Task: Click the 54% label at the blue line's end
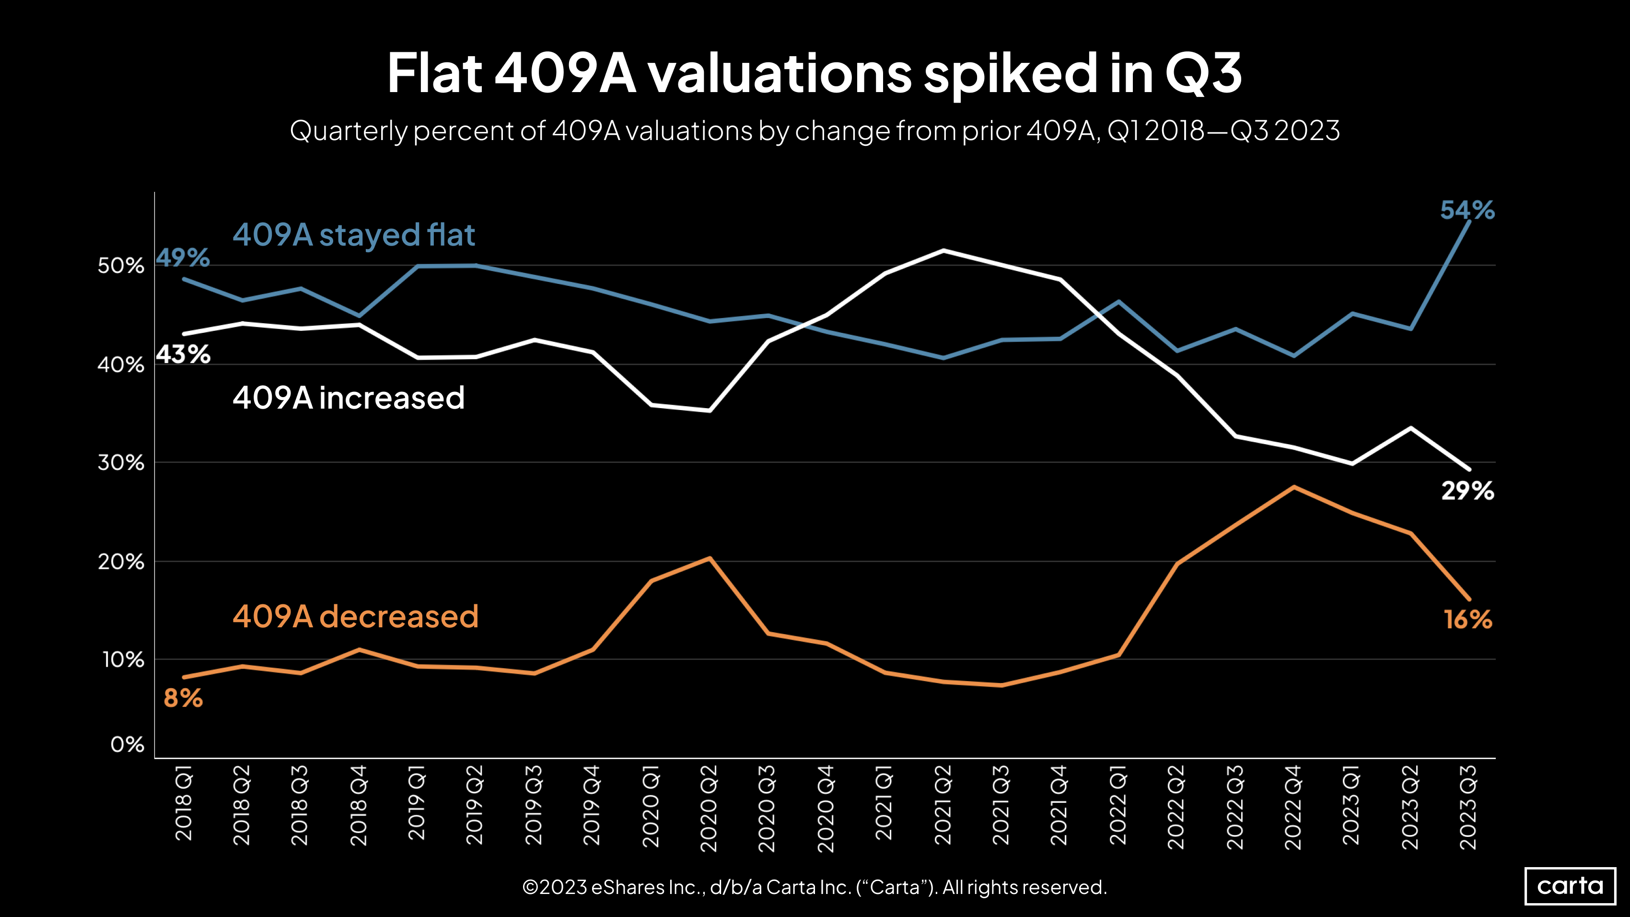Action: click(1467, 210)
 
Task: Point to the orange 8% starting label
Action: click(183, 698)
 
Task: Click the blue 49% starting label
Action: click(183, 258)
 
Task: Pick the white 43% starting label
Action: click(183, 354)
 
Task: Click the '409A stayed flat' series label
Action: click(354, 235)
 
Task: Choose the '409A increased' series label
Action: click(349, 398)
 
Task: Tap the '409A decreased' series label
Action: click(356, 616)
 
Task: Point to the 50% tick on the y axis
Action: click(121, 266)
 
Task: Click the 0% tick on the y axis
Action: click(127, 745)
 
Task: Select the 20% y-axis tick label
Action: click(121, 562)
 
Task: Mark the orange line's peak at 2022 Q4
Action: click(1294, 487)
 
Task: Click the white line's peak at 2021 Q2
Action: click(943, 251)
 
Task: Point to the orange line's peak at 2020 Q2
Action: click(710, 558)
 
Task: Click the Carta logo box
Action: click(1570, 885)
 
